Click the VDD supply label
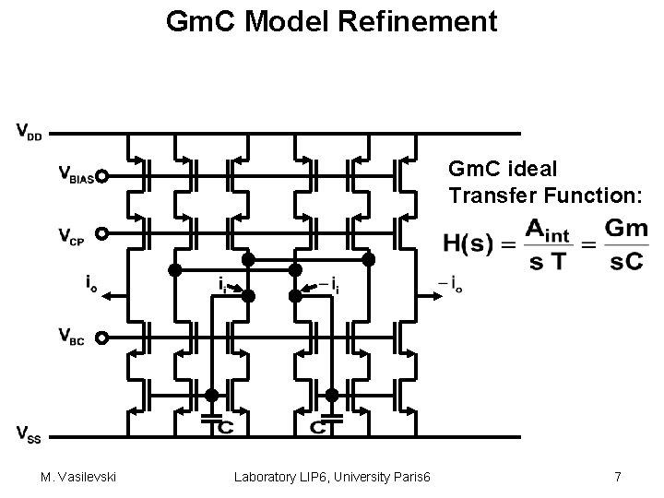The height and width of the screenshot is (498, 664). [x=29, y=130]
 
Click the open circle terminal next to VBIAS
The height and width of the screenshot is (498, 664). [x=102, y=176]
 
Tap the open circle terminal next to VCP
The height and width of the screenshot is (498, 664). [x=102, y=234]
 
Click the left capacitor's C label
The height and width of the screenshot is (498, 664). [x=224, y=427]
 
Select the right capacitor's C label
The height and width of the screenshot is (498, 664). [x=318, y=427]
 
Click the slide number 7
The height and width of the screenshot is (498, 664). [x=617, y=477]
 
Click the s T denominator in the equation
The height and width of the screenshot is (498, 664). [x=550, y=262]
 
